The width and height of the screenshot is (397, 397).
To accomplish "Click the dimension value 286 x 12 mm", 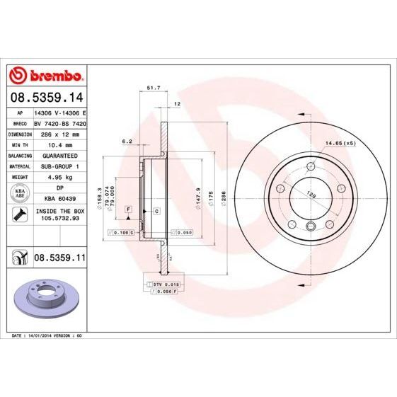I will pyautogui.click(x=59, y=133).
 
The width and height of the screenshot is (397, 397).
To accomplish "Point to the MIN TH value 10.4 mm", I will pyautogui.click(x=59, y=144).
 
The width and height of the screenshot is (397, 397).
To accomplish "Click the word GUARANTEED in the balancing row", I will pyautogui.click(x=59, y=154).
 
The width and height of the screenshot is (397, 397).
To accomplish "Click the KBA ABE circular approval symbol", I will pyautogui.click(x=19, y=193).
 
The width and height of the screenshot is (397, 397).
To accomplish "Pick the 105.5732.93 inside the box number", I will pyautogui.click(x=59, y=220).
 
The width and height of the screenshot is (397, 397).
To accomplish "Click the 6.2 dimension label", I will pyautogui.click(x=127, y=142).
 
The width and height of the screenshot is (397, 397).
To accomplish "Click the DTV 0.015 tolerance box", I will pyautogui.click(x=163, y=284).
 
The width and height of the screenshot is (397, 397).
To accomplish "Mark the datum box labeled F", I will pyautogui.click(x=129, y=210).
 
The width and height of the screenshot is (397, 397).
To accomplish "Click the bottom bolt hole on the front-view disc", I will pyautogui.click(x=311, y=226).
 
